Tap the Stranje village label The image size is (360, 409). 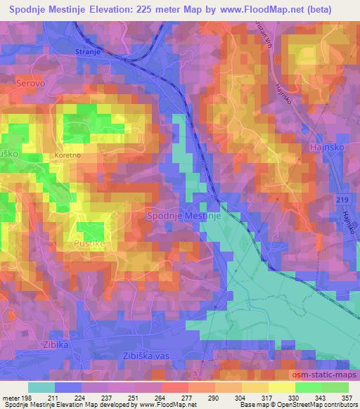pos(89,52)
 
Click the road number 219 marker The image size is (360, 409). pos(342,200)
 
